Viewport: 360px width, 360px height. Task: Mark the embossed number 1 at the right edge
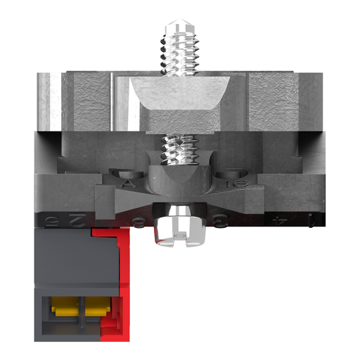[311, 221]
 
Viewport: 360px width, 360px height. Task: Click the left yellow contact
[64, 307]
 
